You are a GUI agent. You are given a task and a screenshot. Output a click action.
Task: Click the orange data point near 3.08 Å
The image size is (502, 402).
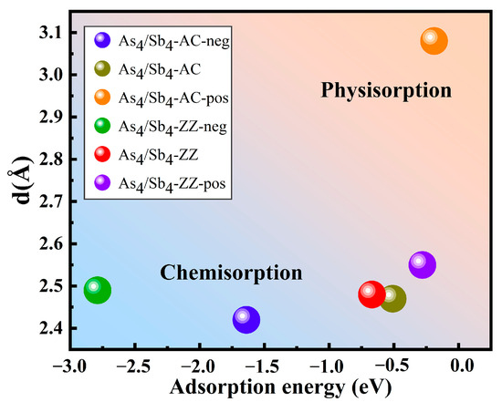pyautogui.click(x=434, y=41)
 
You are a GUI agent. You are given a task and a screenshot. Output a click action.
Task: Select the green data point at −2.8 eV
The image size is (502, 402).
pyautogui.click(x=98, y=291)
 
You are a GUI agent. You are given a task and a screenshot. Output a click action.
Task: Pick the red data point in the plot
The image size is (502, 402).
pyautogui.click(x=371, y=294)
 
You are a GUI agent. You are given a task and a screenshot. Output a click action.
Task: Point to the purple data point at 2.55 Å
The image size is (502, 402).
pyautogui.click(x=422, y=264)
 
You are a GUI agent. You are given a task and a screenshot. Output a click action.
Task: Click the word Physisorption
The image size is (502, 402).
pyautogui.click(x=386, y=90)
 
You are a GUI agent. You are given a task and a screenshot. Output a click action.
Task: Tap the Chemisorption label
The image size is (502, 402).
pyautogui.click(x=231, y=273)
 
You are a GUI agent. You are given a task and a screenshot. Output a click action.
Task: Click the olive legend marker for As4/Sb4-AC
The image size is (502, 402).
pyautogui.click(x=103, y=69)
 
